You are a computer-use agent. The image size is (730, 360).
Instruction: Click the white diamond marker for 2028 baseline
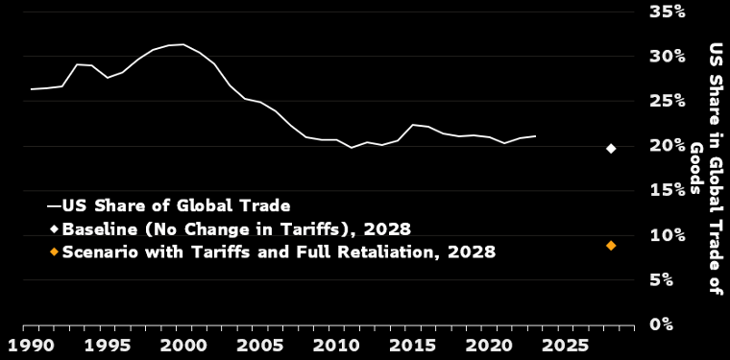(611, 149)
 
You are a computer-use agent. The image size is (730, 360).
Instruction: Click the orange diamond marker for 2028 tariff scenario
(611, 245)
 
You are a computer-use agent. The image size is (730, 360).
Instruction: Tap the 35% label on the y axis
(668, 12)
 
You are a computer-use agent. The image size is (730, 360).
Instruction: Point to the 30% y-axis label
(668, 57)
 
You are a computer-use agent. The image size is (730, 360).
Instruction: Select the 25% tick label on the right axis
(668, 101)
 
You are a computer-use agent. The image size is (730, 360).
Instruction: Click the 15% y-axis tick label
(668, 190)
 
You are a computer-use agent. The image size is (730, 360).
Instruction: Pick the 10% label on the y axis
(668, 235)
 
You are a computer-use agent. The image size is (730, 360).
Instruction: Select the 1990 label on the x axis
(23, 346)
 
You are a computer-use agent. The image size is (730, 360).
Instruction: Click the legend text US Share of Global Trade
(176, 205)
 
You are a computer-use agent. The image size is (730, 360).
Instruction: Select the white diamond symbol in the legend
(55, 228)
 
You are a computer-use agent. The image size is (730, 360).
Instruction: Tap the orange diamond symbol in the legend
(55, 252)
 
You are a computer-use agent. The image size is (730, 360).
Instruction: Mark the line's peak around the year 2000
(183, 45)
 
